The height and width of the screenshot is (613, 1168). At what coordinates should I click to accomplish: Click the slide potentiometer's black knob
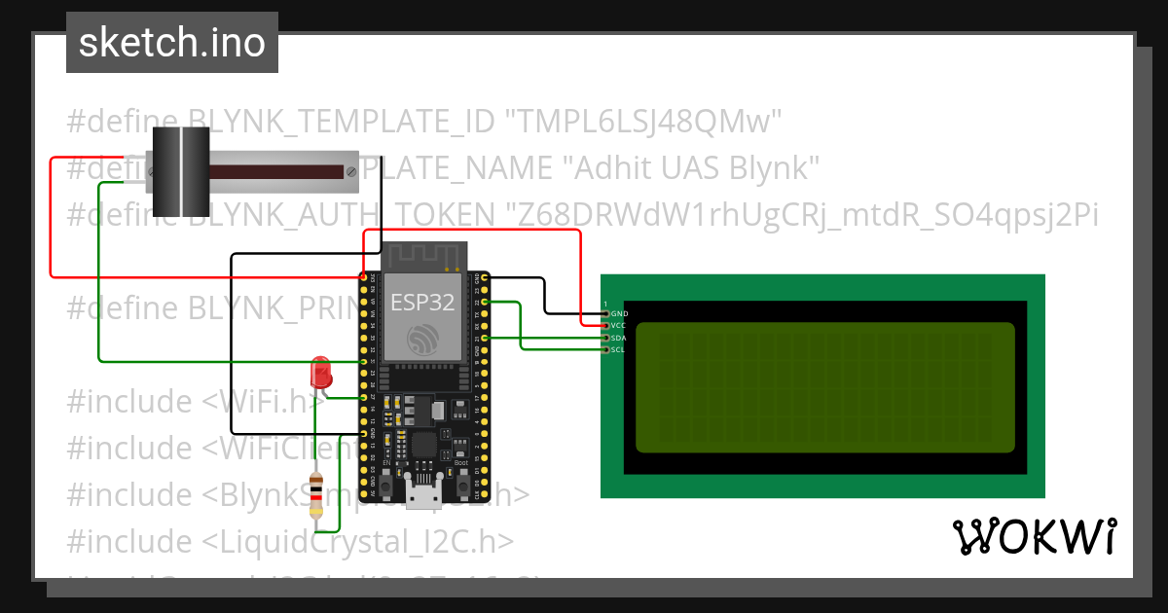pyautogui.click(x=180, y=170)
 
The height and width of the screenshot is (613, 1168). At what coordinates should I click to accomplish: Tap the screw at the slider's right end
pyautogui.click(x=349, y=172)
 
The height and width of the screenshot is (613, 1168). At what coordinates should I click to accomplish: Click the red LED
pyautogui.click(x=319, y=373)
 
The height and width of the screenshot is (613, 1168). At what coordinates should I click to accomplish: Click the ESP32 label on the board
pyautogui.click(x=422, y=302)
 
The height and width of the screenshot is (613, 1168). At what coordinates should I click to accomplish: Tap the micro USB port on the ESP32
pyautogui.click(x=423, y=496)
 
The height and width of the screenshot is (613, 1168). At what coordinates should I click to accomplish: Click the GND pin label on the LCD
pyautogui.click(x=619, y=313)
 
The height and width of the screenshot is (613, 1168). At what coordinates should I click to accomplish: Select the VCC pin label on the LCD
pyautogui.click(x=619, y=325)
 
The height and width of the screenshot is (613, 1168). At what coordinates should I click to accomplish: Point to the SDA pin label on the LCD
pyautogui.click(x=619, y=337)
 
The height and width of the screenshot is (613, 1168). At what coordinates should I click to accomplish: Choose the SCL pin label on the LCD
pyautogui.click(x=618, y=348)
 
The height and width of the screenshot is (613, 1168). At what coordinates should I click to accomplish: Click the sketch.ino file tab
pyautogui.click(x=172, y=43)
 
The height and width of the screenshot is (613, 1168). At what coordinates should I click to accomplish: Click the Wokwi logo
pyautogui.click(x=1034, y=536)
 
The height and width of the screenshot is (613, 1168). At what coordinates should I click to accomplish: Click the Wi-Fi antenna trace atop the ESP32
pyautogui.click(x=423, y=257)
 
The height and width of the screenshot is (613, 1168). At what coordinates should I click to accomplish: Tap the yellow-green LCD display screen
pyautogui.click(x=825, y=387)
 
